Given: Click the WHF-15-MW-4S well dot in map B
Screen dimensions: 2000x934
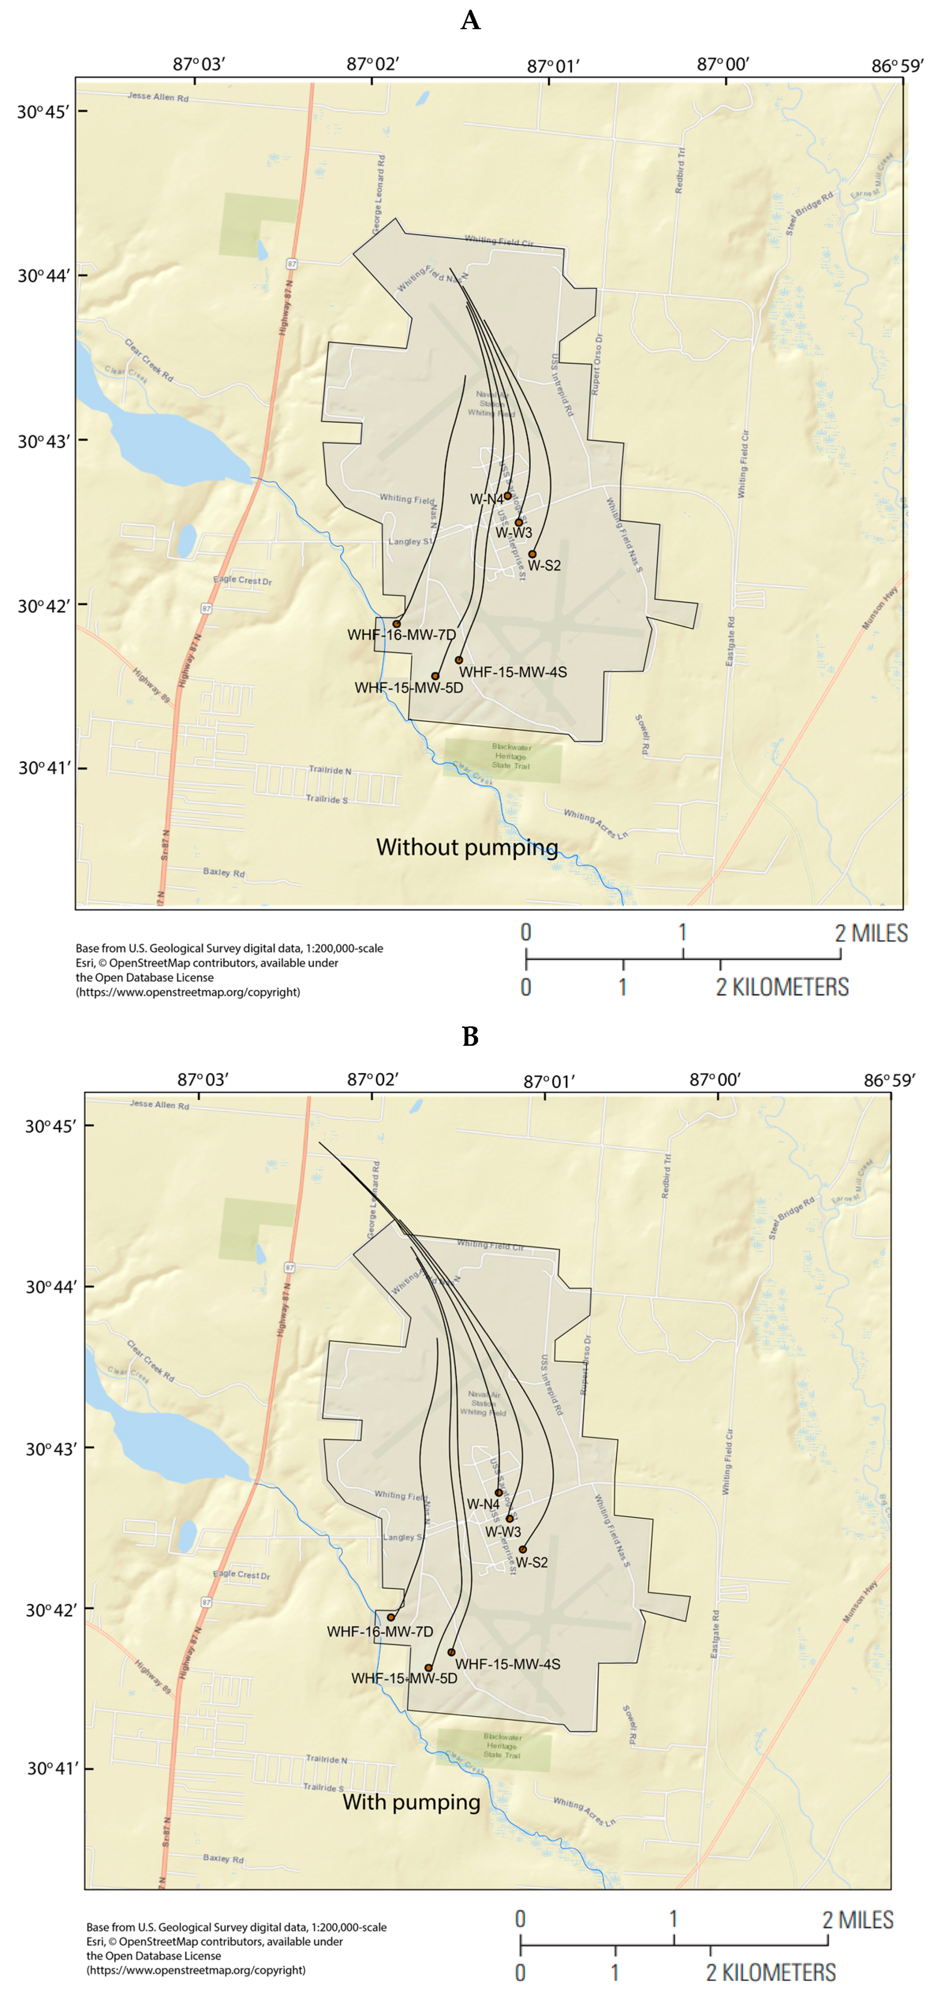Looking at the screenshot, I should pos(451,1652).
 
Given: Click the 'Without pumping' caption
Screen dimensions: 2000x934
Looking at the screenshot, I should pos(467,847).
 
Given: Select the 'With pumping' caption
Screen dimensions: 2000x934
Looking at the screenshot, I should pos(412,1801).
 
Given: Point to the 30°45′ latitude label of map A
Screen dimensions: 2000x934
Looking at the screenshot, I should pos(44,112).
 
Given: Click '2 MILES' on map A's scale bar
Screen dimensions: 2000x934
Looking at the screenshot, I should pos(871,933).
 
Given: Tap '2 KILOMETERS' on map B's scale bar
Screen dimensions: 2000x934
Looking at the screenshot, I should pos(770,1973).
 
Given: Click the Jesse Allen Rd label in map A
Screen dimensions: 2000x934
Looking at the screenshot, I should pos(158,97).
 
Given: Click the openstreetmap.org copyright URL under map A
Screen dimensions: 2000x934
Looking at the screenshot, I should pos(188,992).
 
